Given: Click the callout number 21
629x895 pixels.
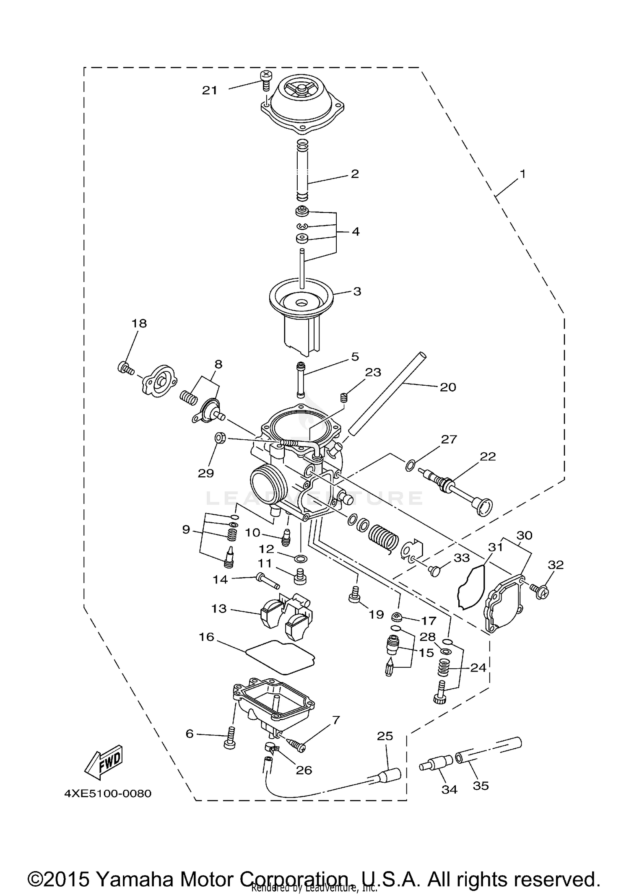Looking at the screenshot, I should coord(210,90).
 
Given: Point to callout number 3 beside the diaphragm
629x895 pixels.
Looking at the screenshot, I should coord(357,291).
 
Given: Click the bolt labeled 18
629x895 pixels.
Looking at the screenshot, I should coord(125,368).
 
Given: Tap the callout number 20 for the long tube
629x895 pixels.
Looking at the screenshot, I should coord(447,387).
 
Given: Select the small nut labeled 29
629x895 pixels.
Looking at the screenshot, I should coord(220,438).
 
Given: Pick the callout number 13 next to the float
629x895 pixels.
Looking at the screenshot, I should coord(219,609).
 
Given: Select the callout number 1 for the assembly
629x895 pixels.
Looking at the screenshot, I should coord(522,174).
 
